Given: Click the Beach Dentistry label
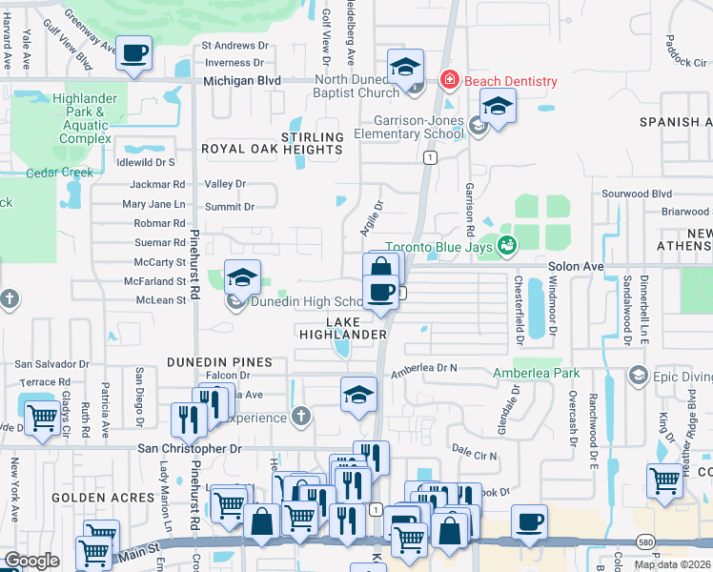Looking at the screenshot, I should [510, 81].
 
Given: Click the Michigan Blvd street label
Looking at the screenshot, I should [242, 81].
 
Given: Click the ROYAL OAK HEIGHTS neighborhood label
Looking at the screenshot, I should [272, 150].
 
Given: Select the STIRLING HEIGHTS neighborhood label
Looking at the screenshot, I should [311, 143].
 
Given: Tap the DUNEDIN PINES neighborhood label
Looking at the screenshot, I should [219, 363].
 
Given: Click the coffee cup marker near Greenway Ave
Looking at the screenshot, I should [134, 52].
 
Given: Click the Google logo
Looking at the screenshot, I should [31, 561].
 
